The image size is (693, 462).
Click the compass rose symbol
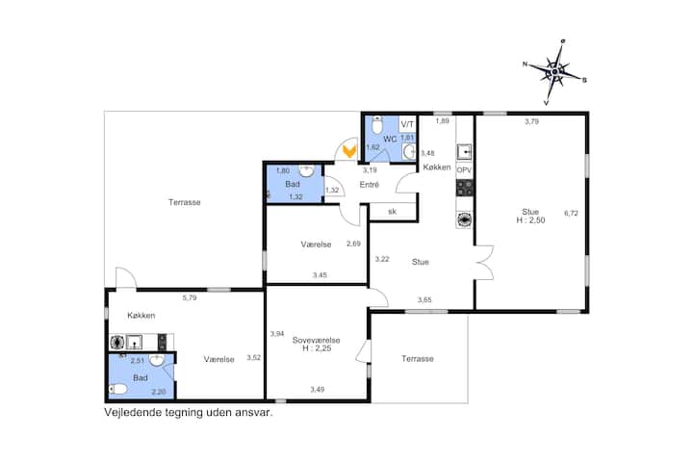click(555, 71)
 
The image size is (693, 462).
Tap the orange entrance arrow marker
click(349, 150)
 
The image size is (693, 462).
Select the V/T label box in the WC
click(407, 124)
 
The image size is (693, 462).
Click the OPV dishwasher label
click(464, 169)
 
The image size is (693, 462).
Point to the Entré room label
click(369, 185)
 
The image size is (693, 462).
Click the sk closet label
click(392, 212)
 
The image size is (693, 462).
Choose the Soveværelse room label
click(316, 340)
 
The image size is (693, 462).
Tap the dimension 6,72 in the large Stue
click(571, 213)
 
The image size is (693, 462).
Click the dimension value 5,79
click(190, 297)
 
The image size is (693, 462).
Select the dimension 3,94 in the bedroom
click(277, 334)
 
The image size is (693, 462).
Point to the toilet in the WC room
click(376, 125)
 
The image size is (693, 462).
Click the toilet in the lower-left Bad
click(118, 389)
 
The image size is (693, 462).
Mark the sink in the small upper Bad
click(306, 170)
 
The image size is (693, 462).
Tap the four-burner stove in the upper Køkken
click(464, 188)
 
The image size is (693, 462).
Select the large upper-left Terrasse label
click(184, 202)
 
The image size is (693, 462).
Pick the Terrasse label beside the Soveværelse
click(417, 359)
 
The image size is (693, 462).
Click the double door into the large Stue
click(484, 263)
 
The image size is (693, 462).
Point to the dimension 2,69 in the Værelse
click(353, 244)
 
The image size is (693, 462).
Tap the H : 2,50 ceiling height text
click(530, 220)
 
